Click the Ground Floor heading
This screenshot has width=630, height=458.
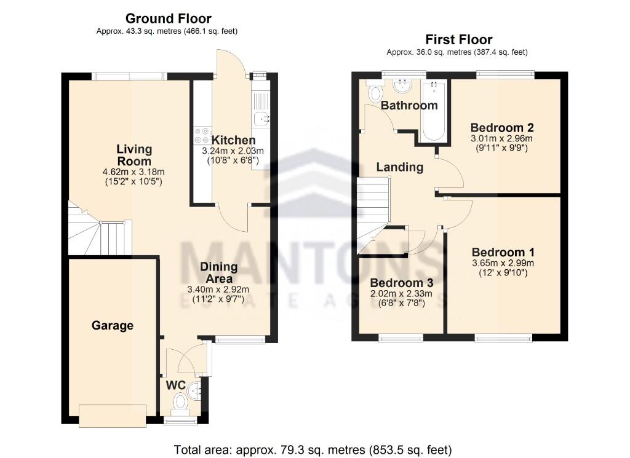(168, 19)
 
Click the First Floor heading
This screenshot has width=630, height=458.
(458, 40)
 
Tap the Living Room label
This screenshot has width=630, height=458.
(135, 155)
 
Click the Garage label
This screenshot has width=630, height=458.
(113, 325)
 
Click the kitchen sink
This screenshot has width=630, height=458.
(261, 117)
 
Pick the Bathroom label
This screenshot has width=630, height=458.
(409, 105)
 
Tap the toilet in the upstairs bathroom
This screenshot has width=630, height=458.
(374, 93)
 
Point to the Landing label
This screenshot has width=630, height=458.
(400, 167)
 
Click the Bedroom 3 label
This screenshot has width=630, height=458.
(401, 283)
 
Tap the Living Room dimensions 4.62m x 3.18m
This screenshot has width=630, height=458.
(135, 172)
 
